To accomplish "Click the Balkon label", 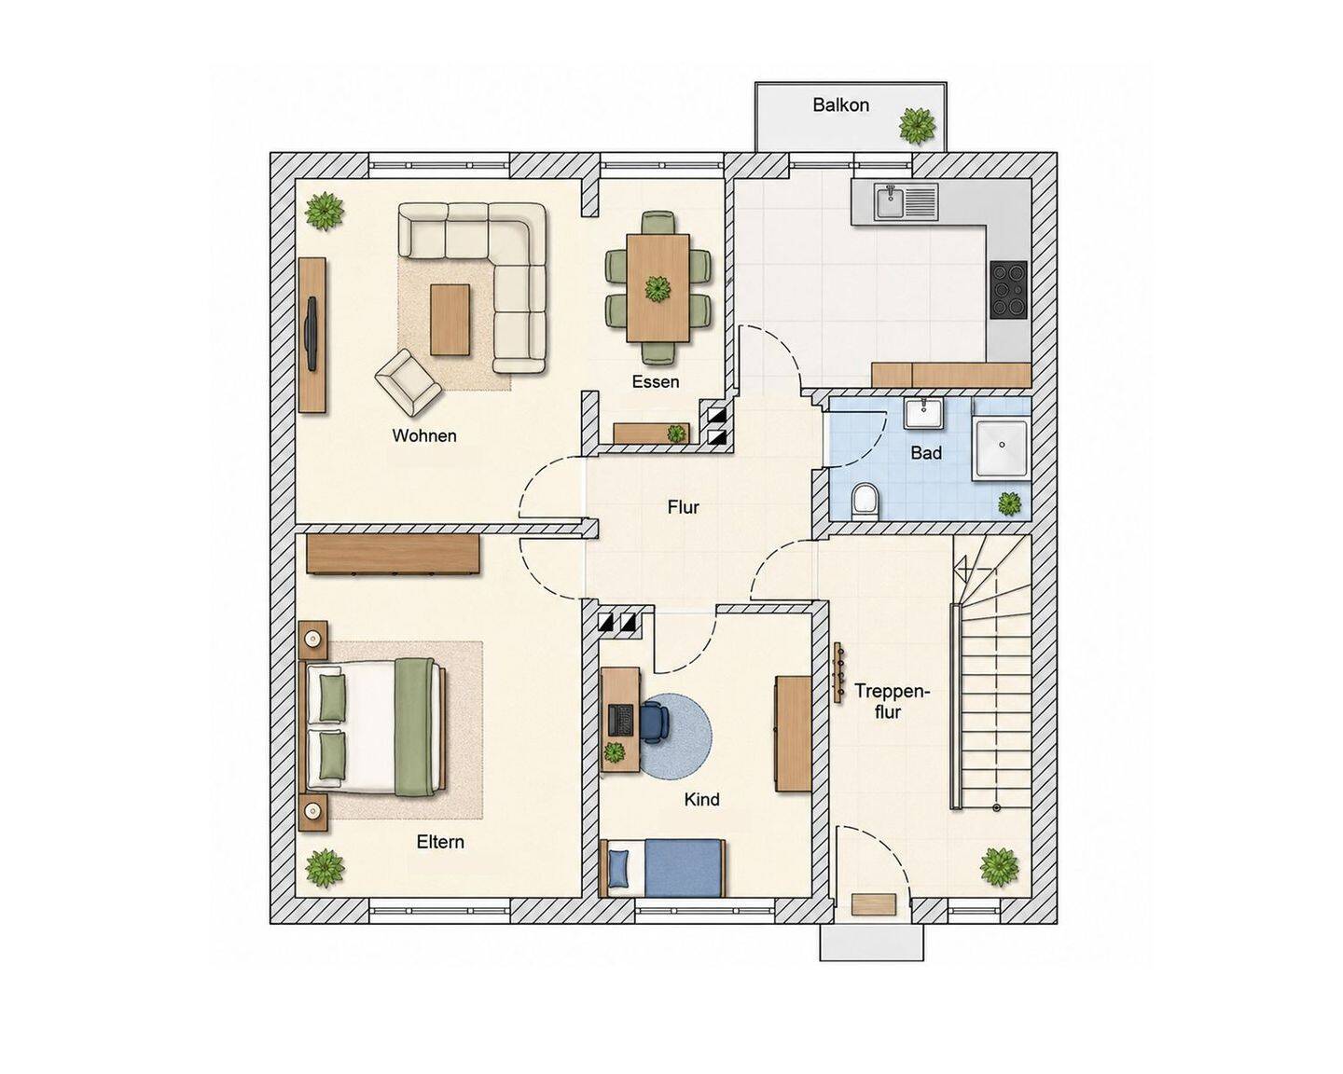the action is pos(840,104).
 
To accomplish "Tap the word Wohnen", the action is pos(424,435).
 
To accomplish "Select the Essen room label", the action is pos(656,381).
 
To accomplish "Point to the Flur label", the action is pos(684,507).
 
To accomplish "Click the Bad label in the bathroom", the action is pos(926,453).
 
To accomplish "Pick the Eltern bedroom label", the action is pos(440,842).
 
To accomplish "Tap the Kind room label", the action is pos(701,799).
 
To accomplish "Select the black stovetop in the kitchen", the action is pos(1008,289).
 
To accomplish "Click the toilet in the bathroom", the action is pos(865,501).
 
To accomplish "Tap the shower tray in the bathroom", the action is pos(1002,449).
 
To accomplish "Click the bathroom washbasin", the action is pos(924,414).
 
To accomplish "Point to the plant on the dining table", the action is pos(658,289).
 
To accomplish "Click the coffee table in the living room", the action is pos(450,320).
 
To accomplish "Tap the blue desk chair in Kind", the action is pos(656,722).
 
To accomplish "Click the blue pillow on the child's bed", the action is pos(619,868).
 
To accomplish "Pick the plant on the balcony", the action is pos(917,126).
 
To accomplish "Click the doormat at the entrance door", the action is pos(874,904).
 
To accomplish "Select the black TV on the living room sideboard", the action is pos(312,334).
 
